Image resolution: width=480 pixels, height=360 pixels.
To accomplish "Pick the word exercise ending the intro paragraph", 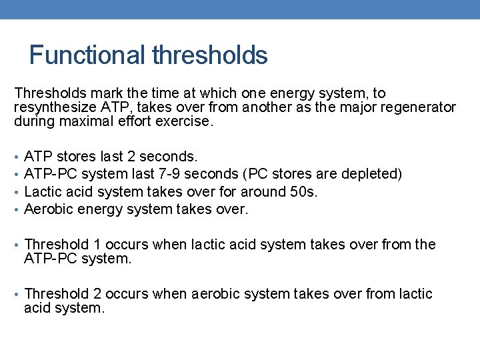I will [x=187, y=121].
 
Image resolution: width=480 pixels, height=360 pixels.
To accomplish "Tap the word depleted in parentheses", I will [x=372, y=174].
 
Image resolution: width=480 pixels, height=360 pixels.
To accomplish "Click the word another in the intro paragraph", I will [x=265, y=107].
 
